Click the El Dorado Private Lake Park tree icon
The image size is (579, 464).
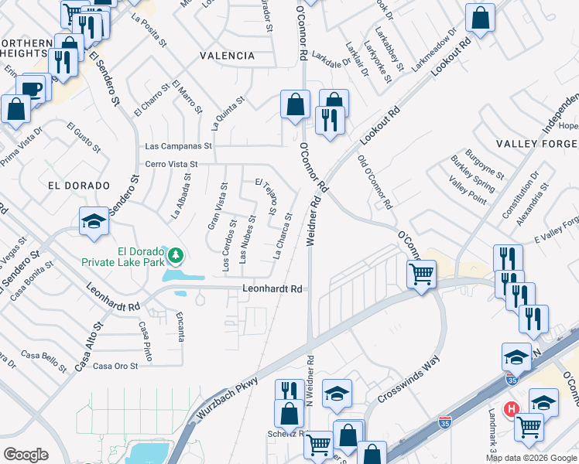[x=176, y=253]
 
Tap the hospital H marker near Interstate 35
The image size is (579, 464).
[x=511, y=408]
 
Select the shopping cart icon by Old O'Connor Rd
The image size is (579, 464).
[x=421, y=273]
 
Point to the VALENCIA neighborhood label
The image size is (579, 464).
[x=227, y=56]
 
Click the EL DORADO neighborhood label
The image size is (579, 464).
[x=75, y=186]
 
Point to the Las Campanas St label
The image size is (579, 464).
[x=179, y=146]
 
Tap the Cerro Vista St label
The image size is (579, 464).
[x=172, y=164]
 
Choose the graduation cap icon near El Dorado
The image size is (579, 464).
[x=94, y=222]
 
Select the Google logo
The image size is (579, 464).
[x=26, y=454]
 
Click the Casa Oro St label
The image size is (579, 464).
[x=115, y=366]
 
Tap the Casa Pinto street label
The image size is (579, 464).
[x=146, y=339]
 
